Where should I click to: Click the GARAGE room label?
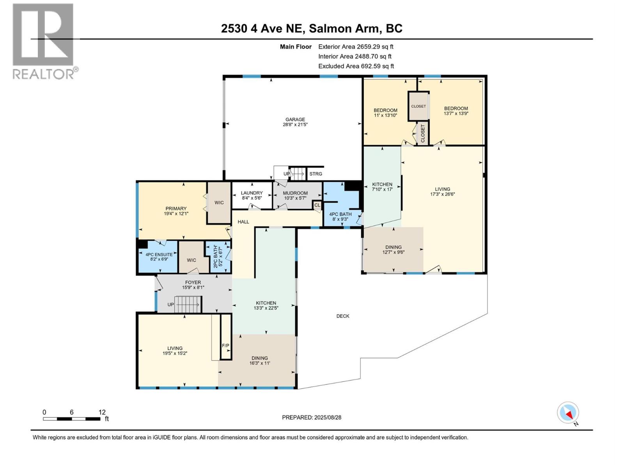coord(295,120)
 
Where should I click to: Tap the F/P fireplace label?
coord(225,346)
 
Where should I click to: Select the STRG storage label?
coord(316,174)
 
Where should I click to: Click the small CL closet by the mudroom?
coord(317,205)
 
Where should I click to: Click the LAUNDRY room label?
coord(252,193)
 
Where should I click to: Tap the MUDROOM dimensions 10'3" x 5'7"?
coord(295,198)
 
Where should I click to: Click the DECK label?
coord(343,316)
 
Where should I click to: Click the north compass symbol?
coord(568,413)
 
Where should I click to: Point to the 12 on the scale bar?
coord(102,412)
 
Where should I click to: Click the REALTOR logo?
coord(44,41)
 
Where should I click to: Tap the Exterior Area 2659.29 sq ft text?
coord(356,46)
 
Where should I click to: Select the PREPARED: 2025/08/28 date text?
coord(312,417)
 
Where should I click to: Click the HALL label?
coord(243,222)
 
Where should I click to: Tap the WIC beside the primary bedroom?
coord(219,203)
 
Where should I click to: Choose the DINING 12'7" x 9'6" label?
coord(393,250)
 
